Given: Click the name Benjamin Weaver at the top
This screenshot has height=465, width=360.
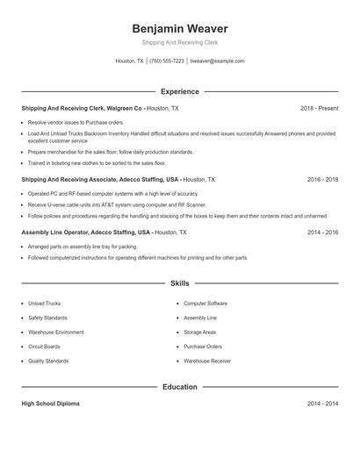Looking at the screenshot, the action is [179, 29].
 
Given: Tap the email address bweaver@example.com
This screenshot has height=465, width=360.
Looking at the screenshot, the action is [217, 61].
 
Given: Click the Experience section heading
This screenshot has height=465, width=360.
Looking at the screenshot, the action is [179, 91].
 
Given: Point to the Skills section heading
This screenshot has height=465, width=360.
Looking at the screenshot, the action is [179, 284].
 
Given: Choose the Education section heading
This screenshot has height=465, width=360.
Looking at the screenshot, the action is [179, 386].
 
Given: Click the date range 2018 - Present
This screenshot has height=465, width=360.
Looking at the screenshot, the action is [319, 108].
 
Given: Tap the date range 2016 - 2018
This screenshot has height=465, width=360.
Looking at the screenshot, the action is [322, 179].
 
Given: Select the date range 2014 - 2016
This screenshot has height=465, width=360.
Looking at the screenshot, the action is [322, 232].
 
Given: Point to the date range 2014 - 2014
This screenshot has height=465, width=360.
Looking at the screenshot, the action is [322, 404].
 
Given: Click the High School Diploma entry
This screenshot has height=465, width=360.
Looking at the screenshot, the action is [51, 404].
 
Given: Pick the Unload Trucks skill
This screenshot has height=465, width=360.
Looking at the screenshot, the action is [44, 304].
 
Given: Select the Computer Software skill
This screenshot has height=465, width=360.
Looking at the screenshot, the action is [205, 304].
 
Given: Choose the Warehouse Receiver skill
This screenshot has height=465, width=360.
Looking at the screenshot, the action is [207, 361].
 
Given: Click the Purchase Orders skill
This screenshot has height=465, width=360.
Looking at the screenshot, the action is [203, 347].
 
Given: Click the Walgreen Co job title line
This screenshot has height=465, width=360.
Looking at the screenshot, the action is [100, 108].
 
